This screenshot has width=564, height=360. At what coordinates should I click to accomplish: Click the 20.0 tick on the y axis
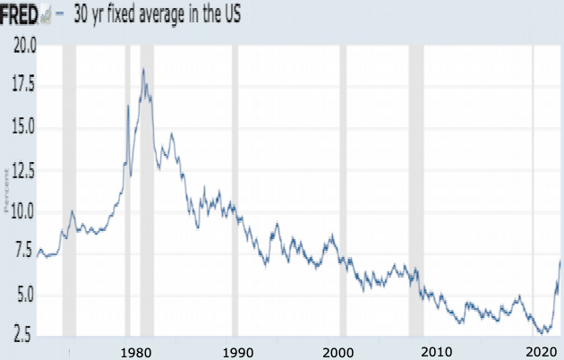click(x=23, y=46)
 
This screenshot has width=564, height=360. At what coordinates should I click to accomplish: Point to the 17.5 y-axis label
click(x=23, y=86)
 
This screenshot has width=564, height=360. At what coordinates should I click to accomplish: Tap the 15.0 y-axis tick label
click(x=23, y=127)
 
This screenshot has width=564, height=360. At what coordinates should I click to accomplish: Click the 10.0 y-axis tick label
click(x=23, y=211)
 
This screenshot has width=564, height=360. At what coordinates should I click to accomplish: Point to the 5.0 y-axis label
click(x=25, y=295)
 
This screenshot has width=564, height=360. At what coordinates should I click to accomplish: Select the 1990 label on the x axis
click(x=236, y=350)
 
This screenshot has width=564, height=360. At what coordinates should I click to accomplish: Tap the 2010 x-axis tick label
click(x=437, y=350)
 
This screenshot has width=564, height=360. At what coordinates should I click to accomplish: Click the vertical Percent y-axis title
click(x=5, y=192)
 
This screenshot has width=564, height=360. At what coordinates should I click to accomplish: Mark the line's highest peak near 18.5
click(x=142, y=69)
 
